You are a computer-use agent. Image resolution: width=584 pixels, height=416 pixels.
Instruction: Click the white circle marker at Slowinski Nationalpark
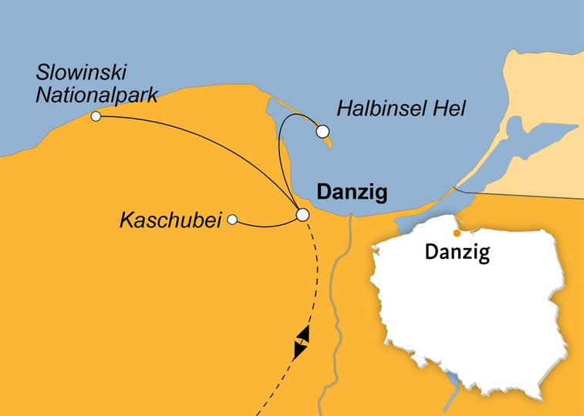click(x=96, y=116)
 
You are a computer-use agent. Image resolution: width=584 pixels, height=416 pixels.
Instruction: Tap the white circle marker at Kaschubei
click(x=231, y=220)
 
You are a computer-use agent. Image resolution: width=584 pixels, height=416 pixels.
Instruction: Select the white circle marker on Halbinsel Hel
click(x=322, y=132)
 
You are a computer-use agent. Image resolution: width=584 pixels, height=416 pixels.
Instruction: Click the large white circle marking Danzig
click(x=303, y=215)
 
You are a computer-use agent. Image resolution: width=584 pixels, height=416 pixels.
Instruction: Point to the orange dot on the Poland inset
click(x=457, y=233)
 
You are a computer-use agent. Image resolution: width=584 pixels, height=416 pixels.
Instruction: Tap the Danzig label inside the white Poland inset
click(x=457, y=252)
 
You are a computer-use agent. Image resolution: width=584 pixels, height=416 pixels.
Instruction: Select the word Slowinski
click(x=82, y=74)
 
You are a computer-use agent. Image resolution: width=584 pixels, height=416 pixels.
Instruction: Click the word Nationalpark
click(x=97, y=96)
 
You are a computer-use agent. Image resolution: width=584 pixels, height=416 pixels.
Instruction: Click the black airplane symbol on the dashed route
click(x=302, y=341)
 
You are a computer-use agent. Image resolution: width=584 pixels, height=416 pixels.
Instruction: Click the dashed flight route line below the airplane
click(x=275, y=385)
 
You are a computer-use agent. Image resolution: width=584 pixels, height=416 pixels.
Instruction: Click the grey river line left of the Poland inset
click(x=336, y=308)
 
